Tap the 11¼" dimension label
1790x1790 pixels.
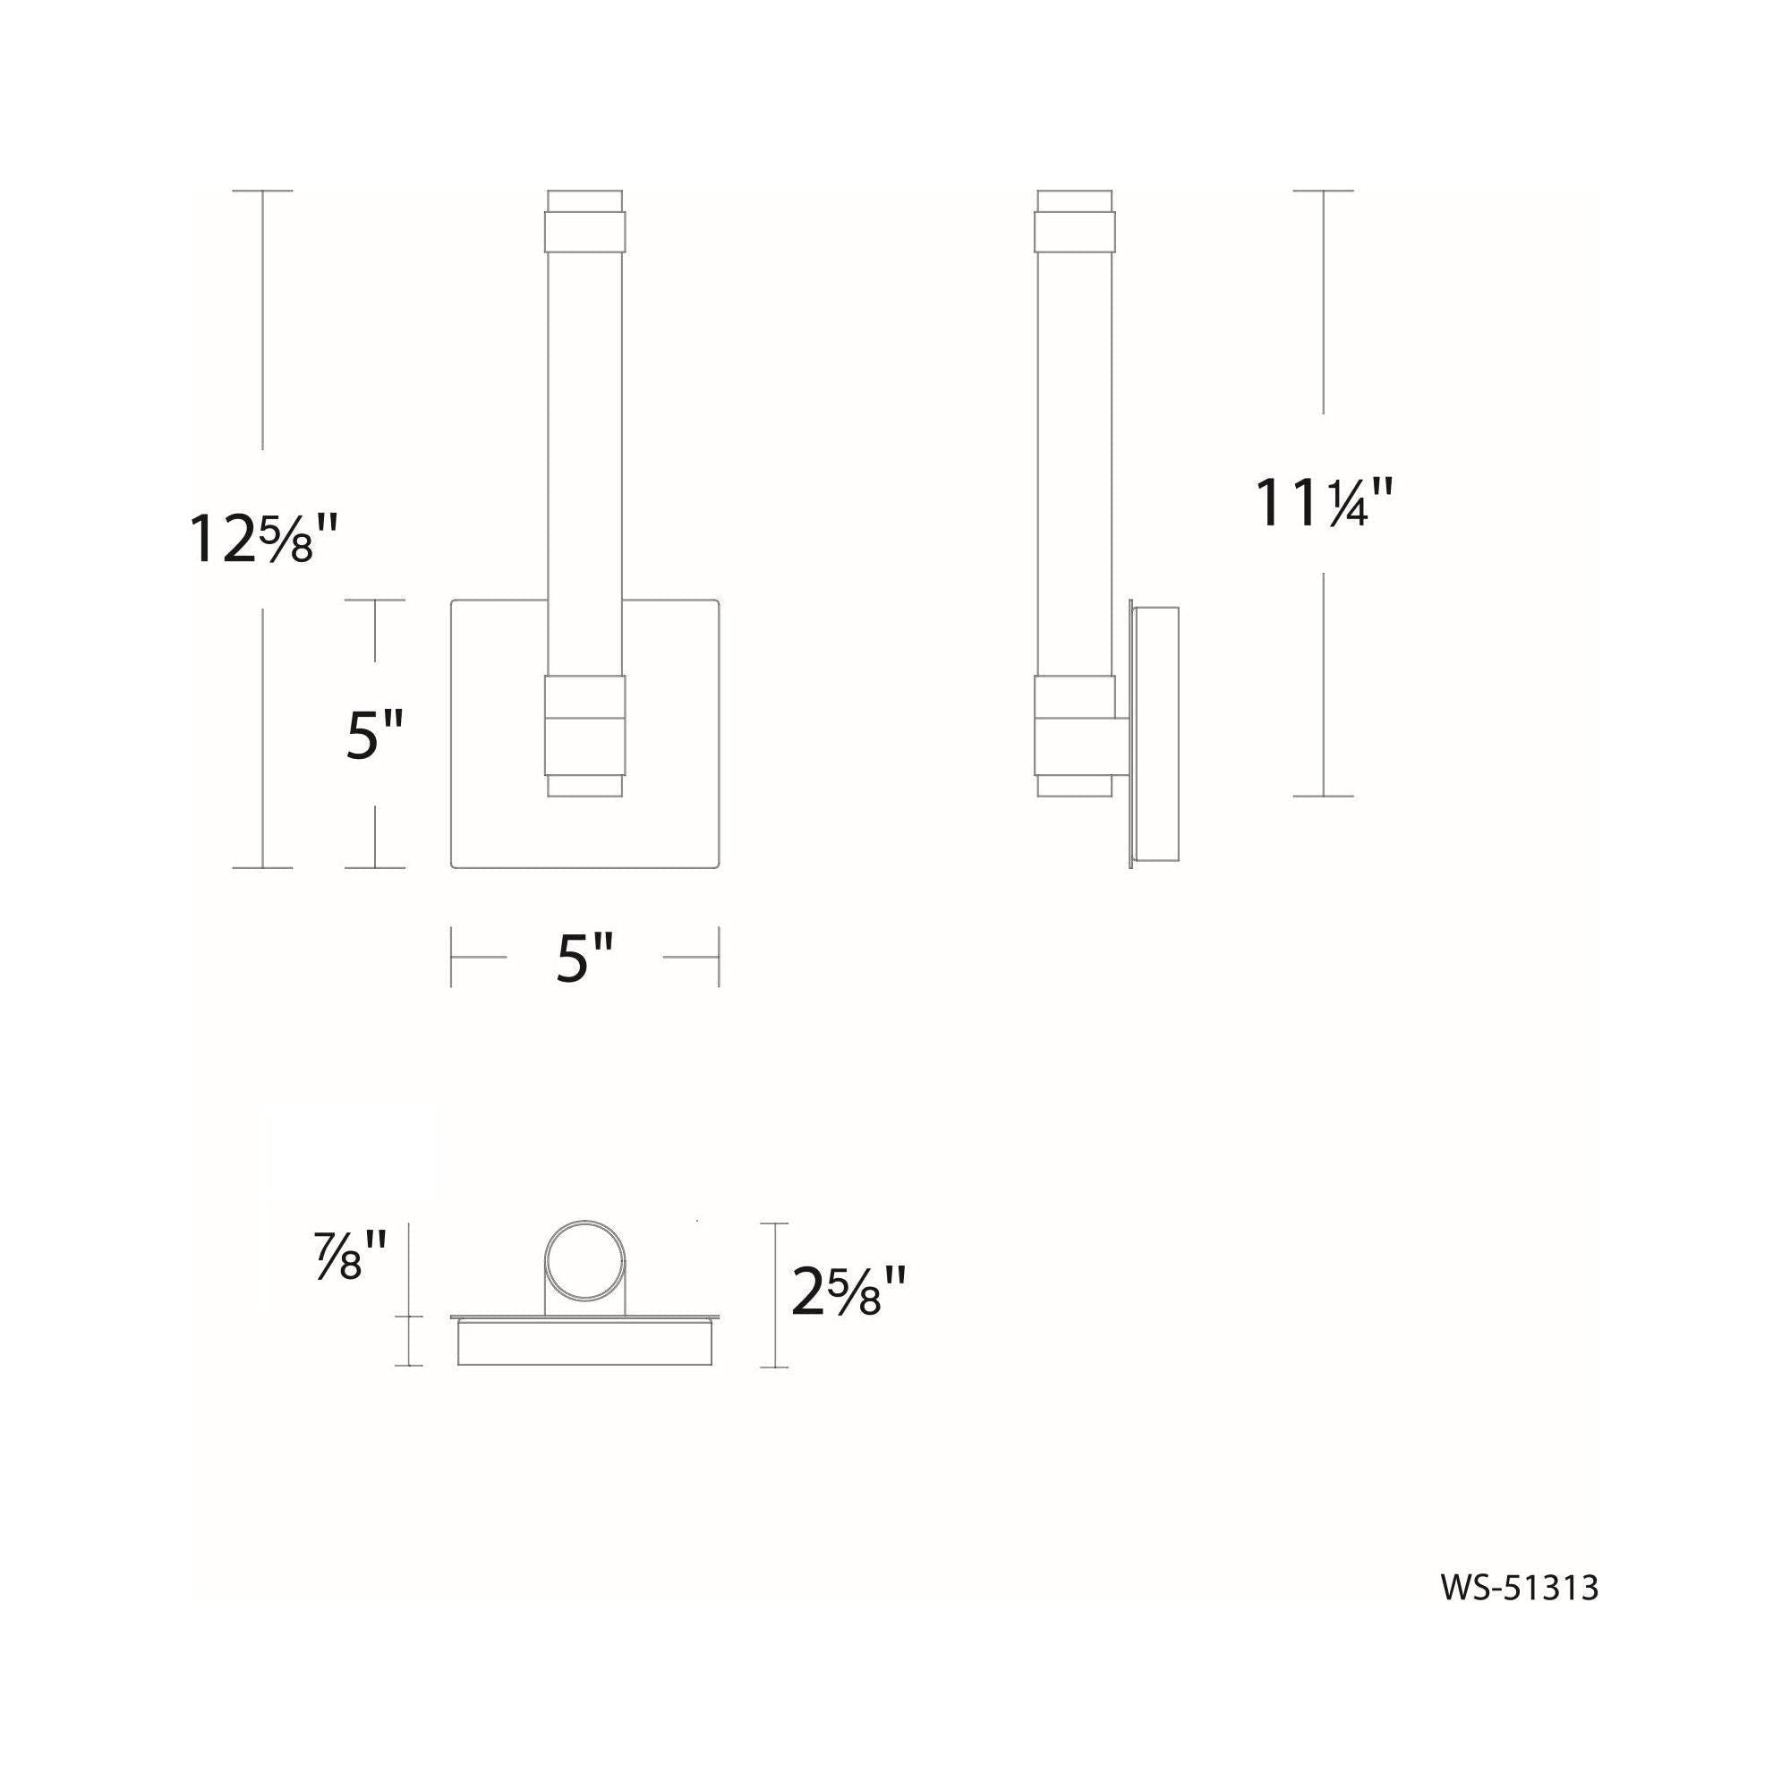coord(1324,504)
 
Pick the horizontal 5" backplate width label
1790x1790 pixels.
coord(585,957)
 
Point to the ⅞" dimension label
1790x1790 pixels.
coord(349,1255)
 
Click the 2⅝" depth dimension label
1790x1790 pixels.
coord(848,1291)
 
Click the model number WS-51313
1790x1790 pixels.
coord(1520,1588)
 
